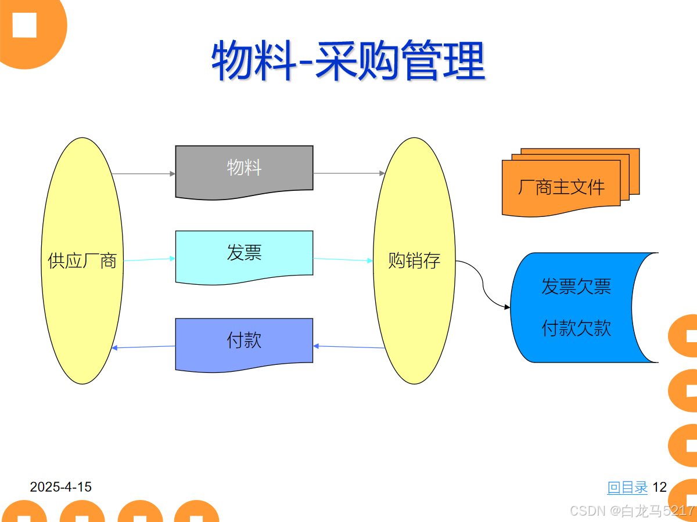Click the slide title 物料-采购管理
tap(348, 60)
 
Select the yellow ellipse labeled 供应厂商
tap(82, 260)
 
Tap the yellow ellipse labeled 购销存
tap(414, 260)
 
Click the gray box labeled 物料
tap(244, 169)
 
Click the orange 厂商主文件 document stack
tap(561, 187)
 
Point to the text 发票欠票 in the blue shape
tap(576, 287)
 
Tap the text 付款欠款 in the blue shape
tap(576, 329)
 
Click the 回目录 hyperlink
tap(627, 487)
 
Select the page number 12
tap(660, 487)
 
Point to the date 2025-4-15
tap(61, 487)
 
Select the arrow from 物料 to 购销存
tap(348, 173)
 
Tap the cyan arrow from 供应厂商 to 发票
tap(149, 259)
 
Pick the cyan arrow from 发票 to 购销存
tap(343, 260)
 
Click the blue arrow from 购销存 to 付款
tap(348, 347)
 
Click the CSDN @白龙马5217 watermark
tap(632, 511)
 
